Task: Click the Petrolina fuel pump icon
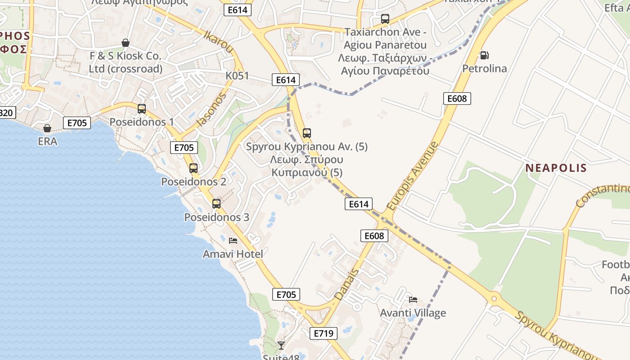pyautogui.click(x=484, y=55)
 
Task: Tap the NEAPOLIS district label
pyautogui.click(x=556, y=168)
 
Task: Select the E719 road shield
pyautogui.click(x=323, y=333)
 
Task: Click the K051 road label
pyautogui.click(x=237, y=76)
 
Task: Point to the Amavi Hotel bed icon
pyautogui.click(x=233, y=241)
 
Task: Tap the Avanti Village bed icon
pyautogui.click(x=413, y=300)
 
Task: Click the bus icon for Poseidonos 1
pyautogui.click(x=142, y=109)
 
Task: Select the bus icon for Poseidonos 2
pyautogui.click(x=193, y=169)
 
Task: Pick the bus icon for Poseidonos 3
pyautogui.click(x=216, y=204)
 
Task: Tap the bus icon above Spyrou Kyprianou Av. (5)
pyautogui.click(x=307, y=133)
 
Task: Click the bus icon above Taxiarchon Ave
pyautogui.click(x=385, y=19)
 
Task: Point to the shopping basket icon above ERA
pyautogui.click(x=47, y=128)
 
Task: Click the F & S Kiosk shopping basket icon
pyautogui.click(x=126, y=43)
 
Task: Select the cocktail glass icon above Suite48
pyautogui.click(x=281, y=345)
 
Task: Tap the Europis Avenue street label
pyautogui.click(x=412, y=176)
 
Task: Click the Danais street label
pyautogui.click(x=347, y=284)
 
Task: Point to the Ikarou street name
pyautogui.click(x=218, y=42)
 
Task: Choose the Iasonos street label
pyautogui.click(x=211, y=110)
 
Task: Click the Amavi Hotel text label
pyautogui.click(x=233, y=254)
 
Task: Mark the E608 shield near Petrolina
pyautogui.click(x=457, y=99)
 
